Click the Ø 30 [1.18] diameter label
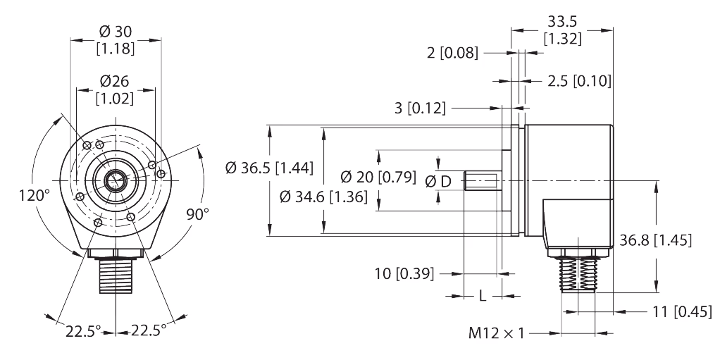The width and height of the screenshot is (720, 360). [x=116, y=40]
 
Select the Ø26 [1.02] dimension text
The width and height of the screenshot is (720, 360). [x=116, y=90]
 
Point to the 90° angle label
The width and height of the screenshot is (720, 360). [x=198, y=215]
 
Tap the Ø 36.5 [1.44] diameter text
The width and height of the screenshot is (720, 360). [x=269, y=168]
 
